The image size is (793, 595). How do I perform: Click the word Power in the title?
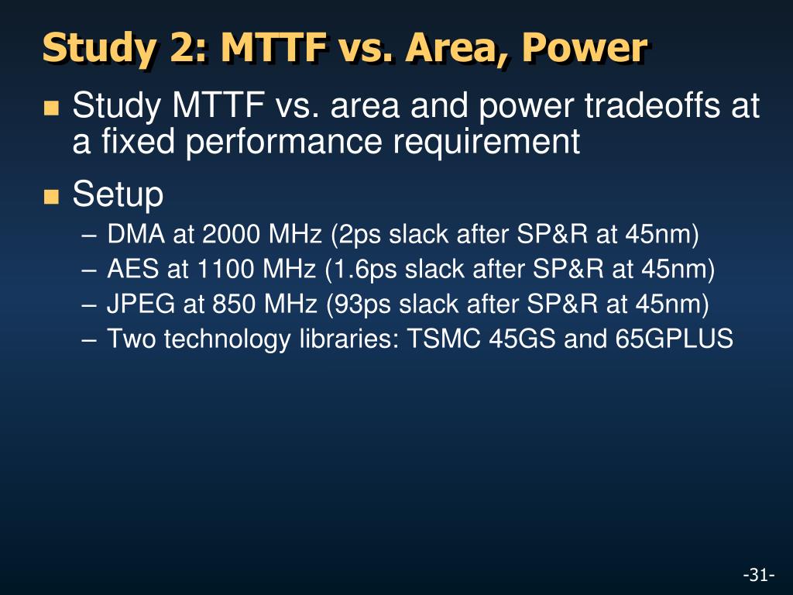point(584,47)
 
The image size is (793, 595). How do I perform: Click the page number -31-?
point(759,575)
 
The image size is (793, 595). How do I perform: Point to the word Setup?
point(118,194)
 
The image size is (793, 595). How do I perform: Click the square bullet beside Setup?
point(52,197)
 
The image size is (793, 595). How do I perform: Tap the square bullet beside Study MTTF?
point(52,108)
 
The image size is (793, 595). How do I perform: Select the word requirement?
point(486,142)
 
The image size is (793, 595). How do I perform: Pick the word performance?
point(283,142)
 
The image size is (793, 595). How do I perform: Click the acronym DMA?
point(136,234)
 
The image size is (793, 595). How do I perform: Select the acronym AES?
point(132,269)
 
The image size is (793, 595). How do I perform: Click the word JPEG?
point(141,304)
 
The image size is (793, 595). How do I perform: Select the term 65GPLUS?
point(675,339)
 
